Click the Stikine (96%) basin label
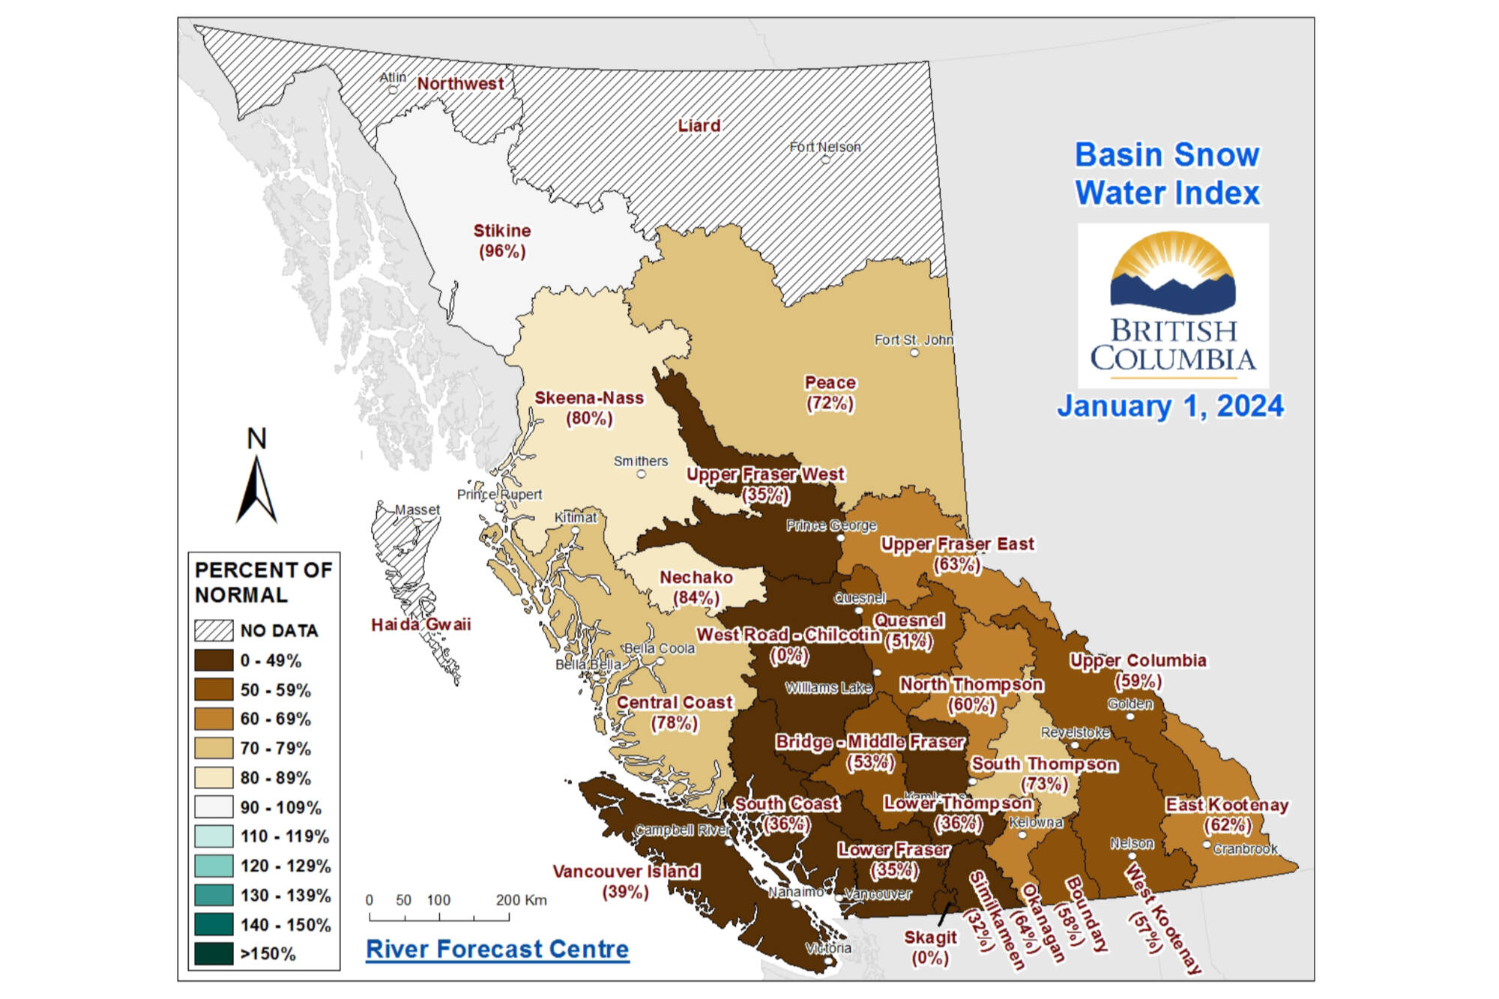tap(502, 241)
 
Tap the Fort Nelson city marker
tap(825, 160)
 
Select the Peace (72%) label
tap(830, 393)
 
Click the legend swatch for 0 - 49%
tap(214, 660)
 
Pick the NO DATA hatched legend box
tap(214, 630)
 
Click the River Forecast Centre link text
tap(497, 949)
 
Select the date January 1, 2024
tap(1170, 406)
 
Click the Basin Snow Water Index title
tap(1168, 174)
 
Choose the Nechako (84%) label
tap(696, 587)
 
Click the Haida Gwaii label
tap(421, 624)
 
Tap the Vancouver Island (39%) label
tap(626, 881)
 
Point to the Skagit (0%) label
tap(930, 947)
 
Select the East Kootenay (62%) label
tap(1227, 815)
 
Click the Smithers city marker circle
tap(642, 474)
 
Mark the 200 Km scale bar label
tap(521, 900)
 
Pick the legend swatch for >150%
tap(214, 953)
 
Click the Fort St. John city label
tap(914, 340)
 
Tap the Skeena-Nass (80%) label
tap(589, 408)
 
